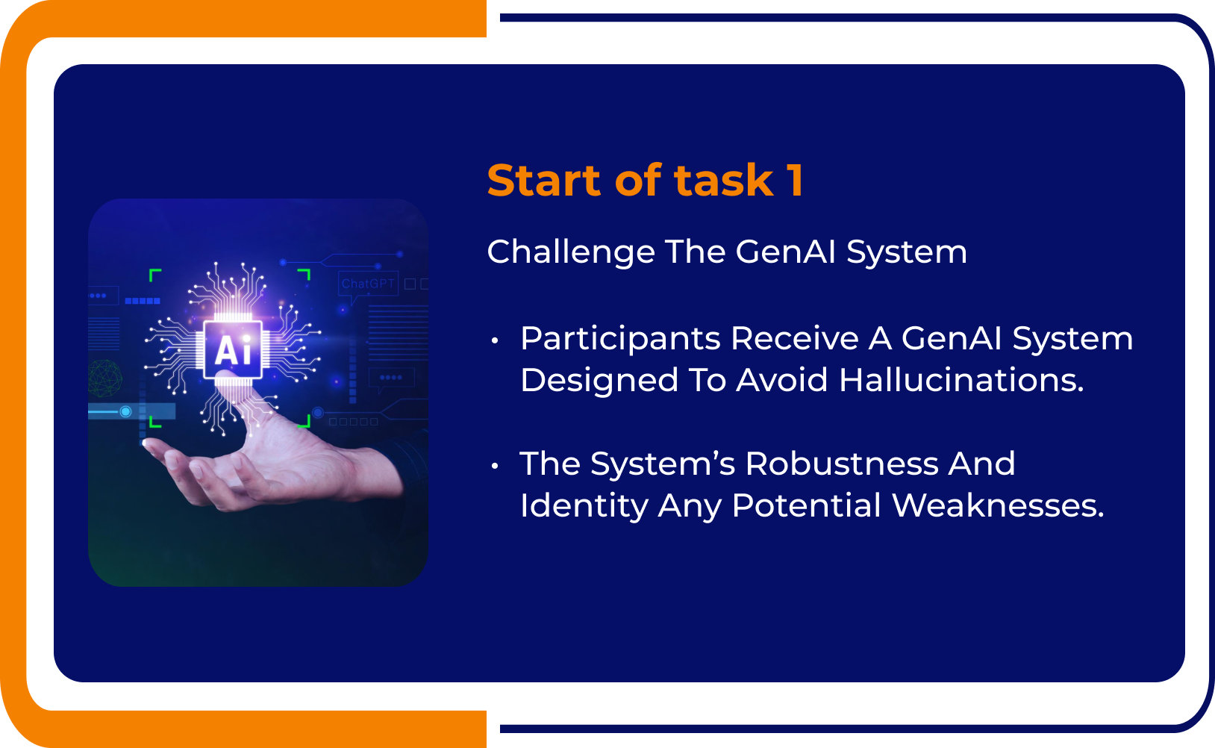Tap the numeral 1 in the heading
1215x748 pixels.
[x=796, y=181]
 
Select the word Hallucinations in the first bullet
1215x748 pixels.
[x=961, y=381]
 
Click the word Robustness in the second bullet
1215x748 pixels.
[x=842, y=464]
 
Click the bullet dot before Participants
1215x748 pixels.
[x=494, y=341]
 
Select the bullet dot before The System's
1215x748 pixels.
[x=494, y=467]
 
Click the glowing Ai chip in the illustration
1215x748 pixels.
[x=233, y=349]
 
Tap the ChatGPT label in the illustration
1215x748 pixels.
[x=367, y=284]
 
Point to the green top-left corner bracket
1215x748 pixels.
[x=154, y=274]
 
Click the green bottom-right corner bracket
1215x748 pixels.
[x=305, y=423]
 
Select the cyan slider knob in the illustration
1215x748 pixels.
[x=125, y=411]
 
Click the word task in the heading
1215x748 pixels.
[x=723, y=181]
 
